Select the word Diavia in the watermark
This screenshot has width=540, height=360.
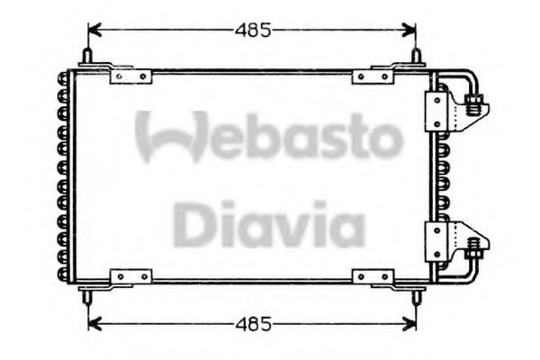(x=268, y=225)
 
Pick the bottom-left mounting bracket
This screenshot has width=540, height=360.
(x=124, y=276)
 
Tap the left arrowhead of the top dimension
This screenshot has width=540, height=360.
(x=94, y=31)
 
